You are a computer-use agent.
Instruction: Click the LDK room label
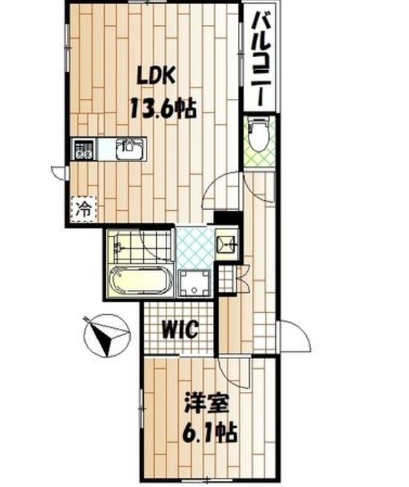point(157,76)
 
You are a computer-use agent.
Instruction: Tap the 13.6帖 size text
point(163,108)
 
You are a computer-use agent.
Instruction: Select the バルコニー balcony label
point(262,59)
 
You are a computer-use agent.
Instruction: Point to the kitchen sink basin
point(130,149)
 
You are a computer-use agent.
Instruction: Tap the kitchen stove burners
point(83,149)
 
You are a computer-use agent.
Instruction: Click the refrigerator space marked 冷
point(84,208)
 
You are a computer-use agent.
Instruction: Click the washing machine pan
point(195,282)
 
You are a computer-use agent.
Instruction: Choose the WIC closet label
point(181,329)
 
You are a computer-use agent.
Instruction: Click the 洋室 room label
point(206,403)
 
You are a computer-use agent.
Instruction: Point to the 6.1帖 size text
point(210,432)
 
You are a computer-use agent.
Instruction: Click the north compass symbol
point(106,336)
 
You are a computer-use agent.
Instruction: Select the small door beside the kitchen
point(59,173)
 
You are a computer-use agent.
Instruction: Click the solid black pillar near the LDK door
point(228,217)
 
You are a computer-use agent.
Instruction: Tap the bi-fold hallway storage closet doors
point(243,278)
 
